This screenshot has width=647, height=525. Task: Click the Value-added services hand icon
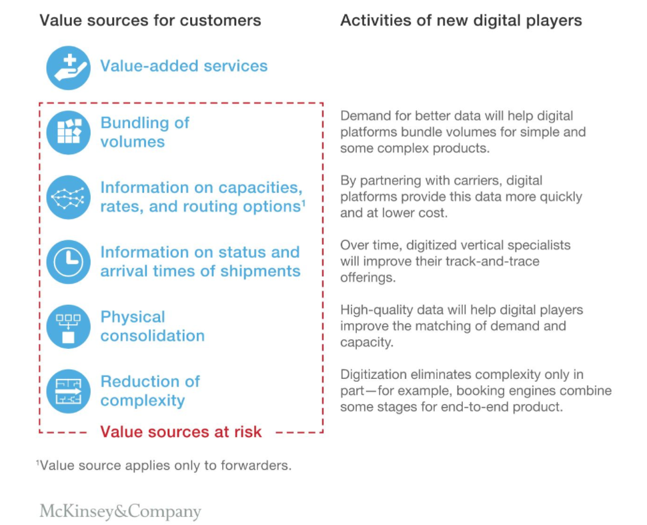[x=69, y=67]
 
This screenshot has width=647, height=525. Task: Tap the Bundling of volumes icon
[x=69, y=133]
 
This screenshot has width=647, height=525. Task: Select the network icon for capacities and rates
[x=69, y=197]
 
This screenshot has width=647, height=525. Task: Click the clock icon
[x=69, y=261]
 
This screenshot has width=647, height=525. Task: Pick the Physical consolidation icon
[x=69, y=326]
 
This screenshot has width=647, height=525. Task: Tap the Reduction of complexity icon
[x=69, y=392]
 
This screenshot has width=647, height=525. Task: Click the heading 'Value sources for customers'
[x=150, y=20]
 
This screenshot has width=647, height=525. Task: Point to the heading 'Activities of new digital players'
[x=461, y=20]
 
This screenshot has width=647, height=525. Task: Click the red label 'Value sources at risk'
[x=181, y=432]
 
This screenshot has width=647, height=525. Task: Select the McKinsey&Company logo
[x=121, y=511]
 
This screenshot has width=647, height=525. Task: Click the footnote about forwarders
[x=164, y=465]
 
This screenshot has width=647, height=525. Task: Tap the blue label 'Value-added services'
[x=184, y=65]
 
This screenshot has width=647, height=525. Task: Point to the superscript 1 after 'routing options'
[x=303, y=203]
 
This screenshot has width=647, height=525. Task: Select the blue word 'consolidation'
[x=153, y=336]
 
